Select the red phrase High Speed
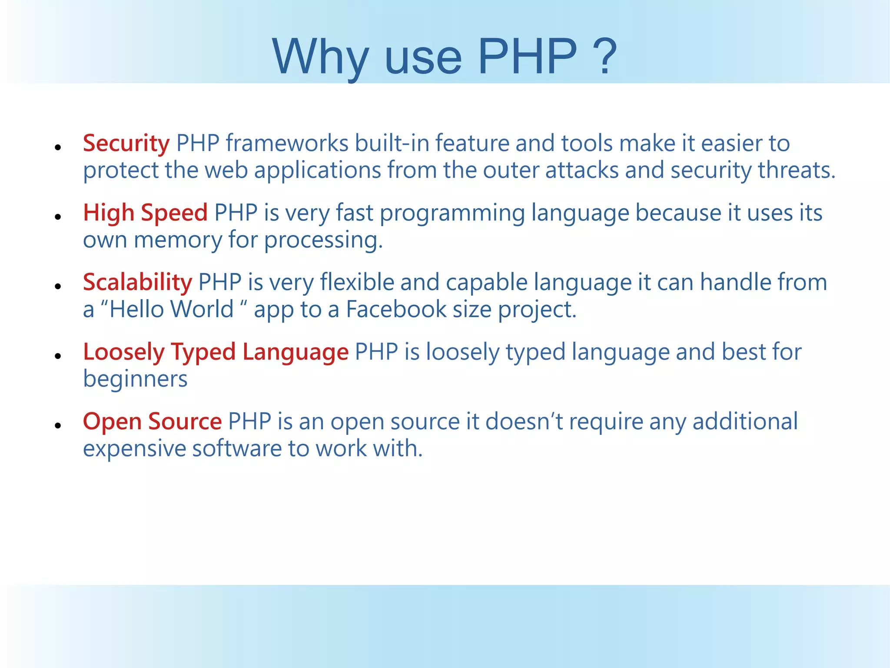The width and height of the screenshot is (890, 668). pyautogui.click(x=145, y=213)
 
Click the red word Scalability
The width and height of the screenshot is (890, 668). pyautogui.click(x=137, y=282)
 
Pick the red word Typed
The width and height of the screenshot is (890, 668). pyautogui.click(x=203, y=352)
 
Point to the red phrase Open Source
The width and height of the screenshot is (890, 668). pyautogui.click(x=152, y=421)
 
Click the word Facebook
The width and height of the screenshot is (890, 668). pyautogui.click(x=396, y=309)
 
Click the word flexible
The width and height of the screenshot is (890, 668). pyautogui.click(x=357, y=282)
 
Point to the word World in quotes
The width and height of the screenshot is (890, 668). pyautogui.click(x=202, y=309)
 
